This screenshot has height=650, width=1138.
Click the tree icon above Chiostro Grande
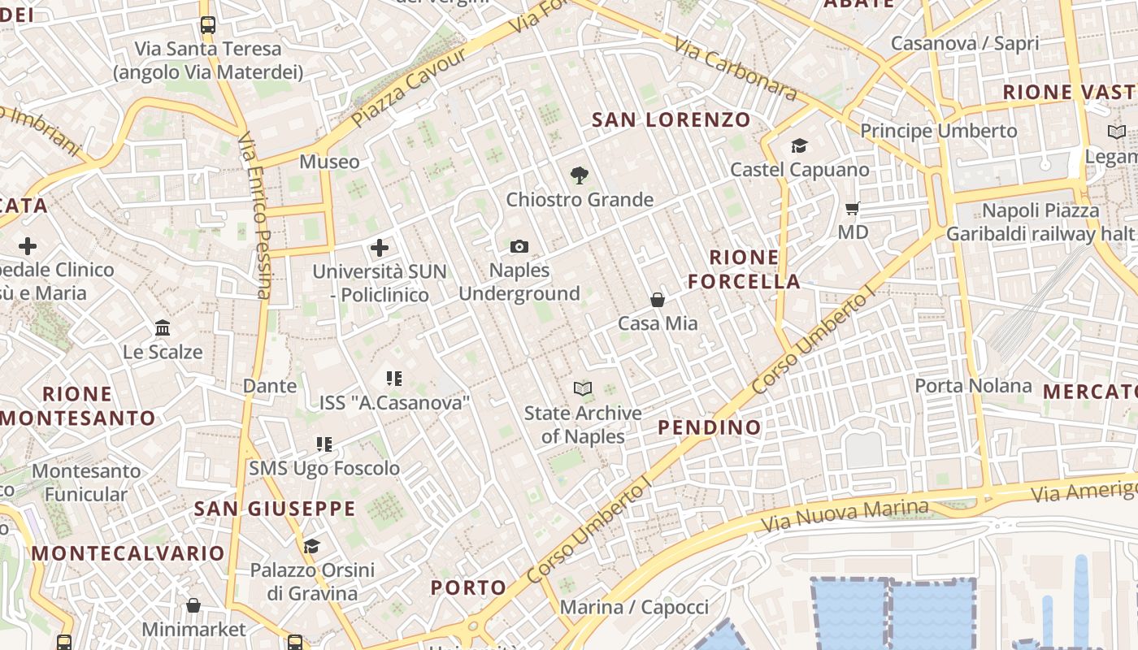pos(579,174)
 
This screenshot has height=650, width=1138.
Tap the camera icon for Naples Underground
pos(519,246)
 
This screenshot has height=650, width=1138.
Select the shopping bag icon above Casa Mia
pos(658,300)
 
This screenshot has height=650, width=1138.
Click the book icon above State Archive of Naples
pos(583,388)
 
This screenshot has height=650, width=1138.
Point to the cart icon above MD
pos(853,208)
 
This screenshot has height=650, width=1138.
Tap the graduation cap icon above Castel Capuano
pos(800,145)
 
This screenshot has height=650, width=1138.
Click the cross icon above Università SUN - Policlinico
pos(380,247)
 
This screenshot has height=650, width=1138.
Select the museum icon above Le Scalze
pos(163,328)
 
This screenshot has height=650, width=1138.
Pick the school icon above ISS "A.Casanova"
pos(394,378)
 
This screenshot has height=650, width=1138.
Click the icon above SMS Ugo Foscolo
pos(324,444)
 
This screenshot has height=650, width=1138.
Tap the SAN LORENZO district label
pos(671,120)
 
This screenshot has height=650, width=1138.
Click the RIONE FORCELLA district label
pos(745,270)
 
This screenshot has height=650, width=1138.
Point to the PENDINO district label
pos(710,427)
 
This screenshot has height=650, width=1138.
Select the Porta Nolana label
pos(974,385)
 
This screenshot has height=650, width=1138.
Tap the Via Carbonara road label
pos(736,71)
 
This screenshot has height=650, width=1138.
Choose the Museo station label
pos(329,162)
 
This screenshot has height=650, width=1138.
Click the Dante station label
pos(270,386)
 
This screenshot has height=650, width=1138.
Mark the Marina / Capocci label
pos(635,607)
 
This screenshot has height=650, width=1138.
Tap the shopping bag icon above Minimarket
pos(193,605)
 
